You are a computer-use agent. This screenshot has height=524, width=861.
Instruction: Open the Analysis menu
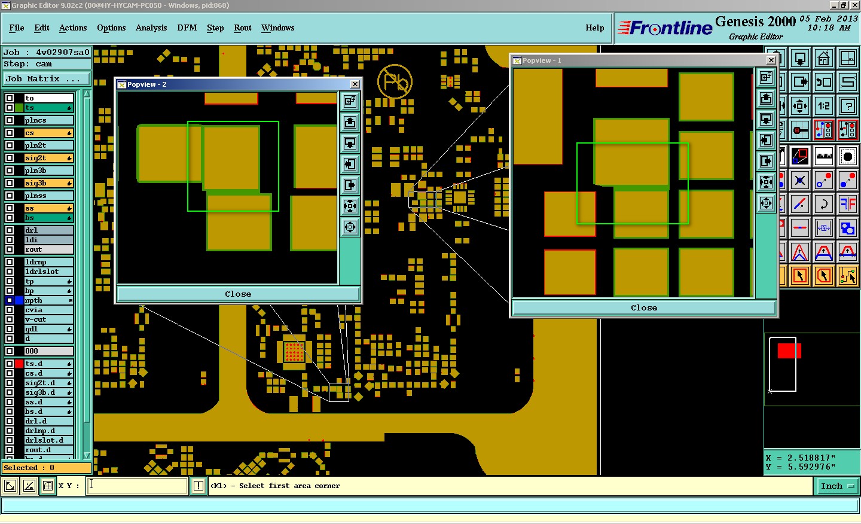click(151, 28)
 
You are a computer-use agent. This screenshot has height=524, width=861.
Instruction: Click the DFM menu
click(187, 28)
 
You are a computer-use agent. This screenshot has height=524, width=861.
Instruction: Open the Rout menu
click(243, 28)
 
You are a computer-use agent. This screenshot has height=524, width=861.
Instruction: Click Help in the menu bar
click(594, 28)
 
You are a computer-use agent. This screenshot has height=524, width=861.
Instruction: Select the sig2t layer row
click(48, 158)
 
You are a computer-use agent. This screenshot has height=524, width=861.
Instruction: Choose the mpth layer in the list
click(48, 300)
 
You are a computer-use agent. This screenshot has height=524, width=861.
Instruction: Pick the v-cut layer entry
click(48, 319)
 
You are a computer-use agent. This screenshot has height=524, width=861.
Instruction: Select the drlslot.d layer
click(48, 440)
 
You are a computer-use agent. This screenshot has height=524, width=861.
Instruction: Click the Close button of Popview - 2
click(238, 294)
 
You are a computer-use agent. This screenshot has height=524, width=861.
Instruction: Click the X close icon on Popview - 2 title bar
click(355, 84)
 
